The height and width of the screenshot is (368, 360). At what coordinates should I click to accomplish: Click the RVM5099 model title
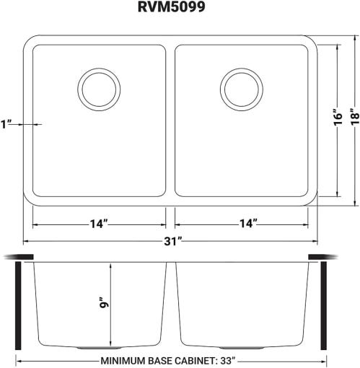click(x=172, y=6)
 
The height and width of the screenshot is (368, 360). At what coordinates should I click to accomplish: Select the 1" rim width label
click(x=6, y=124)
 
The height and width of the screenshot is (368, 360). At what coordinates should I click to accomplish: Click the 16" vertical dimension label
click(x=338, y=118)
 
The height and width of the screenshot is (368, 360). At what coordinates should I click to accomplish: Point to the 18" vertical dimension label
click(x=355, y=118)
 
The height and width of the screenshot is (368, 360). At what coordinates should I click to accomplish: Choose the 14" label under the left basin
click(x=99, y=224)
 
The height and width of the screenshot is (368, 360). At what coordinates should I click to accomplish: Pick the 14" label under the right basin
click(x=248, y=224)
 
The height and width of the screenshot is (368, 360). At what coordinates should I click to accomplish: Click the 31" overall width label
click(x=172, y=241)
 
